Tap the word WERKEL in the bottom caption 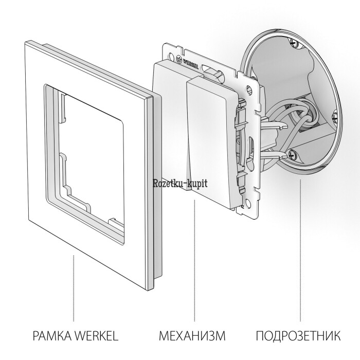pos(97,335)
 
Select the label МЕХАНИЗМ pos(192,335)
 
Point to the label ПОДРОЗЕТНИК pos(298,335)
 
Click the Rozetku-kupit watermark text pos(180,184)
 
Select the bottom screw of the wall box pos(292,154)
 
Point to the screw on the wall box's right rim pos(335,117)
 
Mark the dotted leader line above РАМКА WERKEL pos(74,288)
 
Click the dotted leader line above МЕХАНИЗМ pos(194,260)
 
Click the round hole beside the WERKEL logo pos(171,56)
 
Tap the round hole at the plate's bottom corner pos(248,203)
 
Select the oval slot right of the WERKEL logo pos(207,68)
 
